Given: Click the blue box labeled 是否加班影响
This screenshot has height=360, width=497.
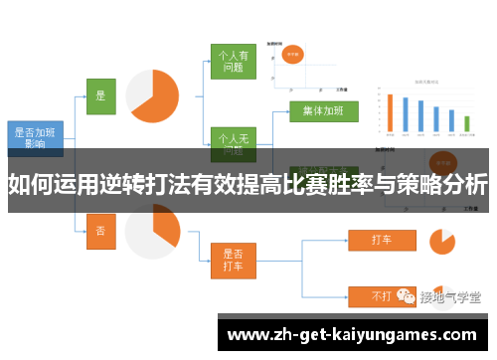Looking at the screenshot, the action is click(x=35, y=136).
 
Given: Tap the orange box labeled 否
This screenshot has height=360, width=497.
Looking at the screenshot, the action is click(x=99, y=230).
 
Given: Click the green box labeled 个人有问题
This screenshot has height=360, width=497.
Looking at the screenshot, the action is click(x=233, y=63).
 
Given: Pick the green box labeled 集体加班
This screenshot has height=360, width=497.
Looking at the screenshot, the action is click(x=323, y=110).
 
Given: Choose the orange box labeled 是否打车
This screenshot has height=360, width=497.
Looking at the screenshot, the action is click(x=233, y=261).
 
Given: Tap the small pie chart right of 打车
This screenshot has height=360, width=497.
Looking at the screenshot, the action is click(x=440, y=241).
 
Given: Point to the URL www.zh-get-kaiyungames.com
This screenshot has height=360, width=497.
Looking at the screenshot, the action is click(x=354, y=334).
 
